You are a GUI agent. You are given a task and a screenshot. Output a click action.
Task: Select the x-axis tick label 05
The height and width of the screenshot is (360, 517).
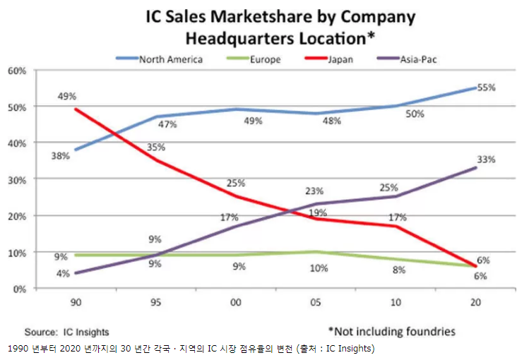click(x=315, y=301)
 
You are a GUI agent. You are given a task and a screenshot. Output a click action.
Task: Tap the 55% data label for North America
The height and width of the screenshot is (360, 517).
click(x=486, y=88)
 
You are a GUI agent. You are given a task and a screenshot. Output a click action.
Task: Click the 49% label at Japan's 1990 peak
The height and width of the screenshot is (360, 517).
click(x=67, y=97)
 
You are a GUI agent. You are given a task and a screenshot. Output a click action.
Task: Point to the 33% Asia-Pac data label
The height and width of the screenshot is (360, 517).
click(x=486, y=160)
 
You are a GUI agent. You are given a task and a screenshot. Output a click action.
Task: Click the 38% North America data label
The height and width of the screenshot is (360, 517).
click(x=60, y=156)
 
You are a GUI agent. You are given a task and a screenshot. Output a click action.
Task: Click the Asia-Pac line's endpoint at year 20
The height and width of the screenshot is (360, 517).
click(x=476, y=168)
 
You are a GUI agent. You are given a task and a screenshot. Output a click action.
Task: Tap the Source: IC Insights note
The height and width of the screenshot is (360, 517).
click(x=67, y=331)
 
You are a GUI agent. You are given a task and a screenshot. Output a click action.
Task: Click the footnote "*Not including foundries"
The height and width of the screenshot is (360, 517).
click(x=391, y=330)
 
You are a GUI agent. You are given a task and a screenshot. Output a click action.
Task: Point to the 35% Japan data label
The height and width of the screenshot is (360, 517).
click(x=157, y=147)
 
